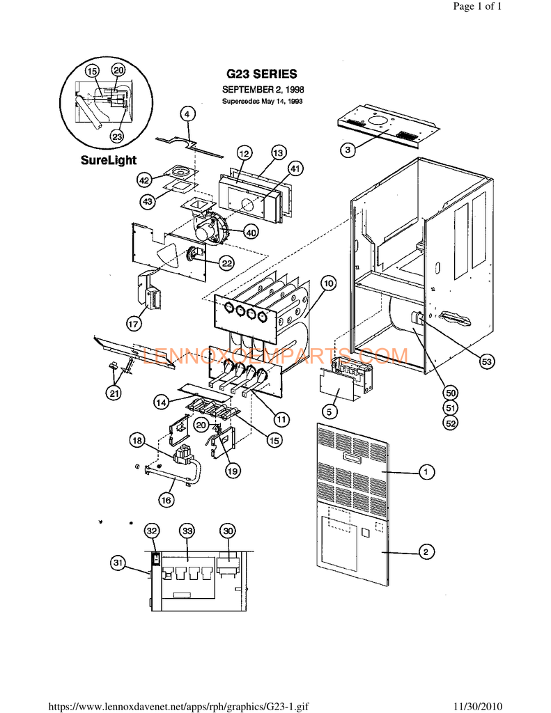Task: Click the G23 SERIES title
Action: (262, 74)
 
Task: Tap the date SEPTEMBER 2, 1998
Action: (262, 90)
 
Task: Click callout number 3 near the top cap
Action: (348, 148)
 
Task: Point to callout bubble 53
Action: (487, 361)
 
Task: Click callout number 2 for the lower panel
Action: (424, 552)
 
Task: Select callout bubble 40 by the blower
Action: (250, 233)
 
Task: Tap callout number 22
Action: (227, 263)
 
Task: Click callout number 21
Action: (113, 393)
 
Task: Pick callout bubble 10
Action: (328, 283)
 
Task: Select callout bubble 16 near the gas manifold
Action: (166, 499)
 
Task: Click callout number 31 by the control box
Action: (118, 563)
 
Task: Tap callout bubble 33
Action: (187, 531)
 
